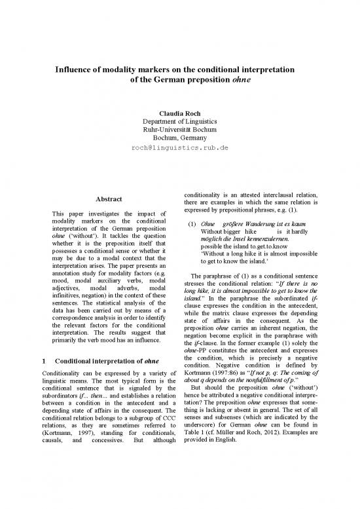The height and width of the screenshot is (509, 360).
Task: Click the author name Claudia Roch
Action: point(180,112)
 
